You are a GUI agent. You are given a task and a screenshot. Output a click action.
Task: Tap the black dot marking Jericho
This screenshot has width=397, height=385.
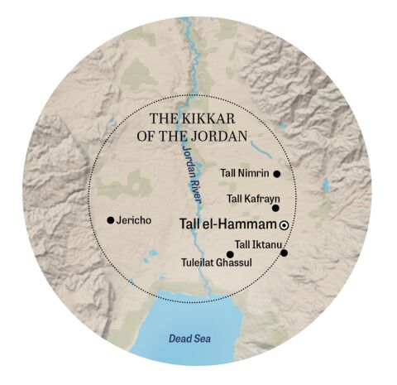(110, 220)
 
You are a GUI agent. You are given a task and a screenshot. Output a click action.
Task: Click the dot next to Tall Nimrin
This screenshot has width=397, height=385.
(276, 174)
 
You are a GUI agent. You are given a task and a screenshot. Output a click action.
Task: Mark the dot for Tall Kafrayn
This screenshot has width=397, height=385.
(275, 209)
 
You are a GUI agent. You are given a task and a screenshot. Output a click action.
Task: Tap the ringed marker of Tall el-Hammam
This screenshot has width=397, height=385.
(284, 225)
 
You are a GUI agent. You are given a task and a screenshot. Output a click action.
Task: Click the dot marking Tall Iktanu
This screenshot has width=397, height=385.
(284, 253)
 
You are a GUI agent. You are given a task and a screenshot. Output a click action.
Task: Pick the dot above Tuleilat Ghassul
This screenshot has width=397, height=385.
(230, 254)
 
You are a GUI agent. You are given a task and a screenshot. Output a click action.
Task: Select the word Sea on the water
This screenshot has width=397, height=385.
(197, 338)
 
